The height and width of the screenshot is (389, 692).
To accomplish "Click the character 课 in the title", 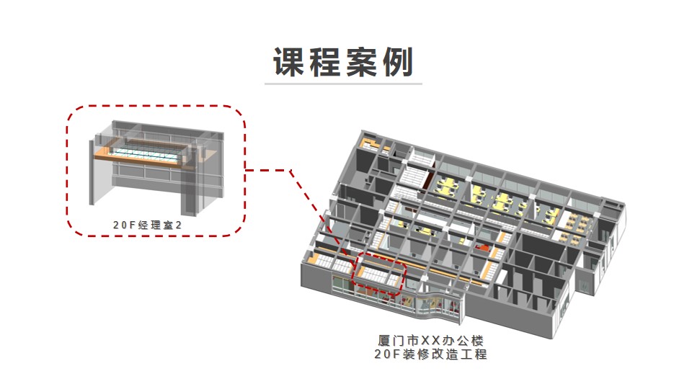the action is (x=289, y=62).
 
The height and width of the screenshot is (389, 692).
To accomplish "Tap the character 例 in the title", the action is (x=398, y=62).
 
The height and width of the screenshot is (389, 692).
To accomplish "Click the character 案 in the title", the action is (x=361, y=62).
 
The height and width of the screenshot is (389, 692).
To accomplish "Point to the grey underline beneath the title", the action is (x=343, y=84).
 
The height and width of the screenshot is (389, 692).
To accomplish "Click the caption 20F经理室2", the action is (x=147, y=225).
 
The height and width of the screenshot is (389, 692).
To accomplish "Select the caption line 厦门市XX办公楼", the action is (x=431, y=341).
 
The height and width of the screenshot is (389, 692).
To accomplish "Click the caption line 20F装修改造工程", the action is (x=431, y=354).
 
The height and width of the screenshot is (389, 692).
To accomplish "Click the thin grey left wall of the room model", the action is (x=92, y=172).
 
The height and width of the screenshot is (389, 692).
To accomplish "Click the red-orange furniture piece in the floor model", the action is (x=484, y=249).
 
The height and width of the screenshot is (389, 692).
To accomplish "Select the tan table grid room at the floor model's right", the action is (x=574, y=228).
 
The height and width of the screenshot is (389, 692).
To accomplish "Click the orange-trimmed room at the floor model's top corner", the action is (x=371, y=144).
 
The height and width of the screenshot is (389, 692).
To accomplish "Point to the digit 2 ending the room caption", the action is (x=179, y=225).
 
